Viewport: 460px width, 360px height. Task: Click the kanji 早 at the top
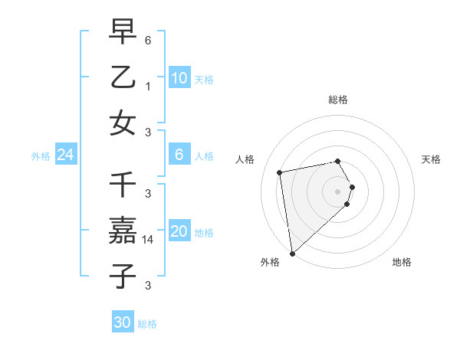(x=123, y=32)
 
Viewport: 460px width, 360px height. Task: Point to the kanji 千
(x=123, y=185)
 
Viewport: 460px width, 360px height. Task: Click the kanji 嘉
(x=123, y=231)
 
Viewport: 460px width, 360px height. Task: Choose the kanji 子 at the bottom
(x=123, y=276)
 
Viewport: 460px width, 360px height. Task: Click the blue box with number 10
(x=179, y=78)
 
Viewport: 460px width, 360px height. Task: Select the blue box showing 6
(x=179, y=155)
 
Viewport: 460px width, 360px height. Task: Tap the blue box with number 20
(x=179, y=231)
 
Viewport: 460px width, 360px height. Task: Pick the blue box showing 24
(x=66, y=155)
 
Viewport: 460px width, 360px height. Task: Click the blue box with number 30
(x=123, y=322)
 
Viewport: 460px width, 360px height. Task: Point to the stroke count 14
(x=149, y=239)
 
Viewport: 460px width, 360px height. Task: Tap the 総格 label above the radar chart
(x=337, y=100)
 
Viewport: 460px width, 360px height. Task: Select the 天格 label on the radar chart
(x=432, y=159)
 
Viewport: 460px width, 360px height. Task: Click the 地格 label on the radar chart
(x=402, y=262)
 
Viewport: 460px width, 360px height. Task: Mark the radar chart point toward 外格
(x=292, y=254)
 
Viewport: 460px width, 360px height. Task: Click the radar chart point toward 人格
(x=280, y=172)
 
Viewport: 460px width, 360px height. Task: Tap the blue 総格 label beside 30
(x=147, y=324)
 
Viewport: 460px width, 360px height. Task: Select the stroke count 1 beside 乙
(x=148, y=86)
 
